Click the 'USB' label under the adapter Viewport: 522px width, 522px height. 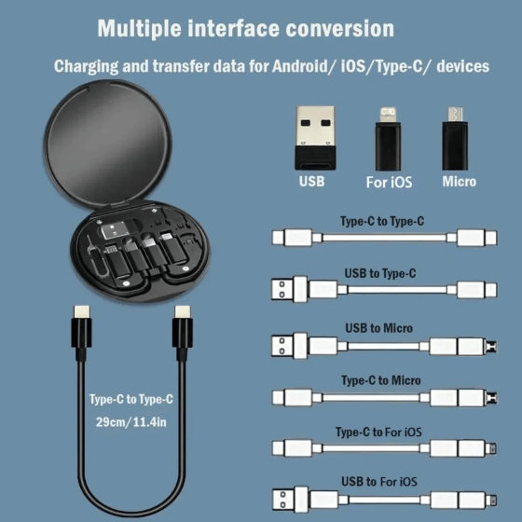[311, 182]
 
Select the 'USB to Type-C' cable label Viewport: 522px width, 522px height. [379, 273]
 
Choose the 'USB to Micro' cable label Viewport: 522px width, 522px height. [378, 327]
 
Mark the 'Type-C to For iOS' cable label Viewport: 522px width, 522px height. [378, 433]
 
